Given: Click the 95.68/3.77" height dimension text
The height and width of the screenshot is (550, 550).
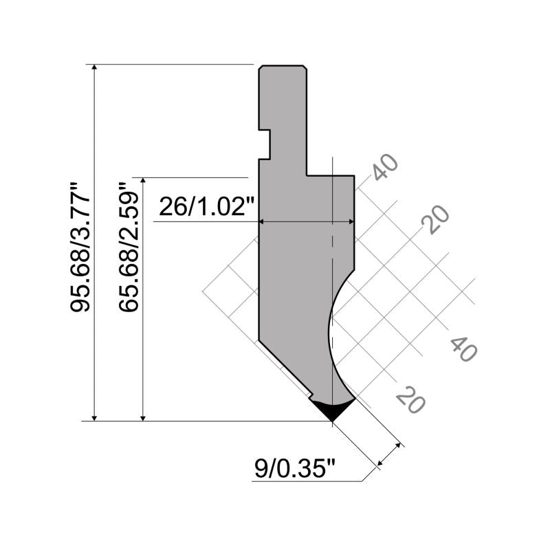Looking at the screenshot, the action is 80,247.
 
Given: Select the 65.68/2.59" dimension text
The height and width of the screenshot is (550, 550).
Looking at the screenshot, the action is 129,247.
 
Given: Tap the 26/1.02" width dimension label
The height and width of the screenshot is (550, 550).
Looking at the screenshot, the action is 207,207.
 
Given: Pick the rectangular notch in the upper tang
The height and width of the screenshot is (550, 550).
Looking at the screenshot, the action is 265,144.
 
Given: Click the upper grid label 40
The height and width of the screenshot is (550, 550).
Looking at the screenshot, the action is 385,167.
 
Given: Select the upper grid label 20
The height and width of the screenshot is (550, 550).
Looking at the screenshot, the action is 435,219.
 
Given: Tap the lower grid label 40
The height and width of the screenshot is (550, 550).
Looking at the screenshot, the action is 463,349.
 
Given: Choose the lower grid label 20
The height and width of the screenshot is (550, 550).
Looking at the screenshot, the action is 410,399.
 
